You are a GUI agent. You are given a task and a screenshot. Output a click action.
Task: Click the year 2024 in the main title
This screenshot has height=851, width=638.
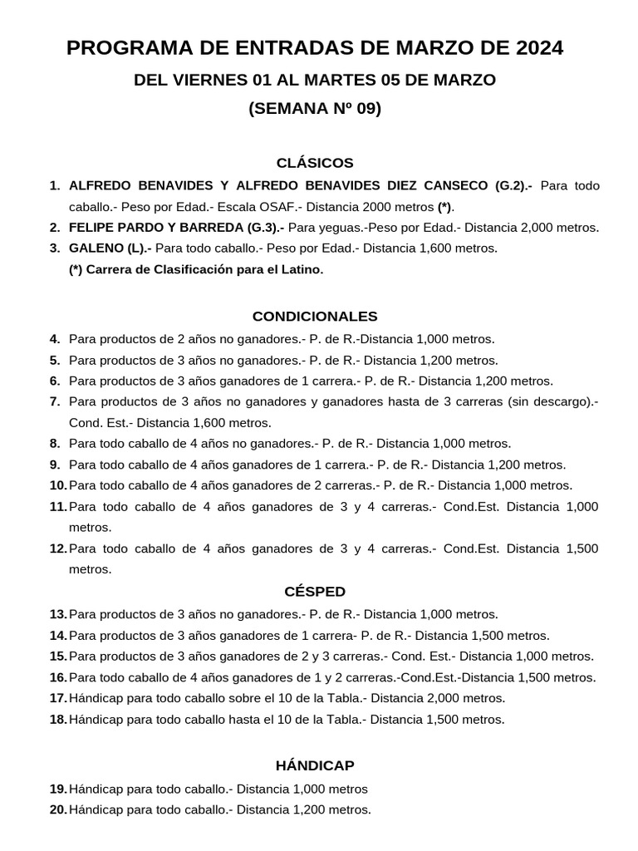coord(537,49)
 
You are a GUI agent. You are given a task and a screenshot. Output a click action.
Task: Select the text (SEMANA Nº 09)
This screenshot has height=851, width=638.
coord(315,109)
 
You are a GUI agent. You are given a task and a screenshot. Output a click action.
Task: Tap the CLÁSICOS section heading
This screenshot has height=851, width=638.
coord(315,163)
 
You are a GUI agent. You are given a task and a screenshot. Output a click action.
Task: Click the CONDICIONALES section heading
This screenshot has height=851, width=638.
coord(315,317)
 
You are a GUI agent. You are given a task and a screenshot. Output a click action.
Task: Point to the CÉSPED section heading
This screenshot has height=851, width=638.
coord(315,592)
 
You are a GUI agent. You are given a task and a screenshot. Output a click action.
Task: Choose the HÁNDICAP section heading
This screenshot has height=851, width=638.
coord(315,765)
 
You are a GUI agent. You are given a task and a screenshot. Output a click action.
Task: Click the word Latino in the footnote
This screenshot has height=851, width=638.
coord(300,269)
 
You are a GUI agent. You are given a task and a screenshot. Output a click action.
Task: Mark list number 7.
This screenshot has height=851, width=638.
coord(55,401)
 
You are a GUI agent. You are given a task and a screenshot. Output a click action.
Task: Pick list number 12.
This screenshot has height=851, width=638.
coord(58,548)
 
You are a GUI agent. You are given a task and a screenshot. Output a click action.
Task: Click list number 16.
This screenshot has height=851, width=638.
coord(58,677)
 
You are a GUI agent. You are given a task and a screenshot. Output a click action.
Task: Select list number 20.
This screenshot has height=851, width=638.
coord(58,809)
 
